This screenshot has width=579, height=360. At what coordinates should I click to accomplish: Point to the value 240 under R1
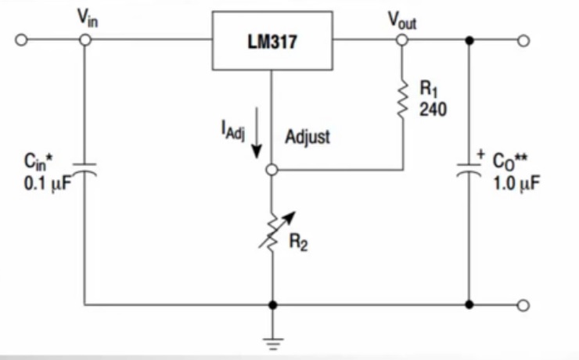tap(432, 110)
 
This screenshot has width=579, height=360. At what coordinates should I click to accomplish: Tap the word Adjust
tap(307, 137)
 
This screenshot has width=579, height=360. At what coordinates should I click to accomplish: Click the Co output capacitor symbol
tap(469, 169)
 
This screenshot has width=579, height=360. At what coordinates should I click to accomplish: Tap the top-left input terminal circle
tap(22, 40)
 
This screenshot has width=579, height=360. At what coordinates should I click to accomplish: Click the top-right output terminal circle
tap(523, 40)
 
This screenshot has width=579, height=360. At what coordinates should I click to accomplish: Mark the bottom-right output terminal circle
tap(523, 304)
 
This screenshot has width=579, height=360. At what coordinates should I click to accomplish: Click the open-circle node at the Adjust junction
tap(271, 169)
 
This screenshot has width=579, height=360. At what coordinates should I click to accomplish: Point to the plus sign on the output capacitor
tap(480, 154)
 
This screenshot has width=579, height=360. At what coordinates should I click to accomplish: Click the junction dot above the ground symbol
tap(271, 304)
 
